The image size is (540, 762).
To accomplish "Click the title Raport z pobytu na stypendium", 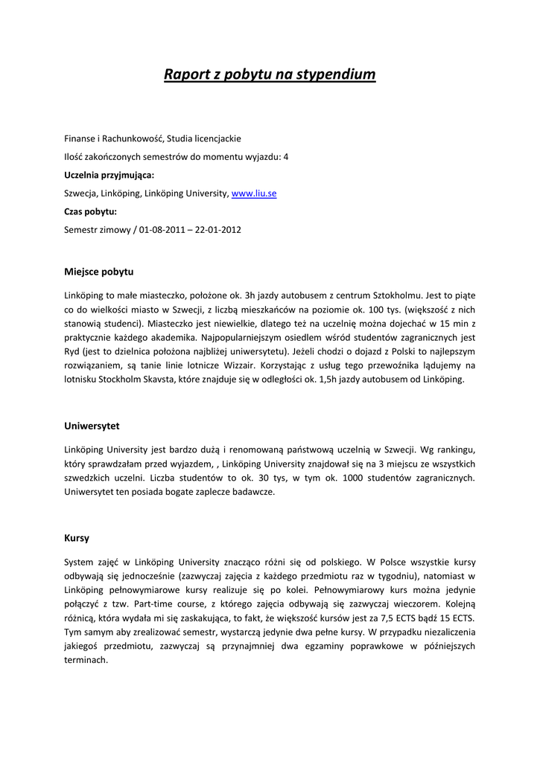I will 270,74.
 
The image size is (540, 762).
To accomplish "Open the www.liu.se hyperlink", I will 254,193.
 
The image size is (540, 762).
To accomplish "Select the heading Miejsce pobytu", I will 98,272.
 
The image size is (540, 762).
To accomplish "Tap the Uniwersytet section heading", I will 92,426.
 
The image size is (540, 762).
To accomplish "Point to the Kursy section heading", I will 77,538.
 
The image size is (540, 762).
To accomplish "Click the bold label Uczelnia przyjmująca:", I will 109,175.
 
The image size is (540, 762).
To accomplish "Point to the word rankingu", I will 451,449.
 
